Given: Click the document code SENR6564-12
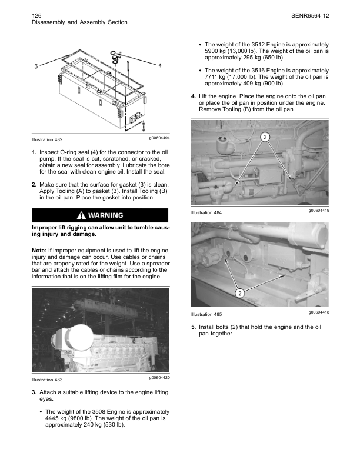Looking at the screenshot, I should [309, 14].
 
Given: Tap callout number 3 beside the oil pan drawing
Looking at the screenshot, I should [36, 65].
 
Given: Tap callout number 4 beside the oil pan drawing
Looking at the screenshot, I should [161, 65].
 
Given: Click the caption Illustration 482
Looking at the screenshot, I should [47, 140].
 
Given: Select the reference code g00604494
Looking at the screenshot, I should [155, 137].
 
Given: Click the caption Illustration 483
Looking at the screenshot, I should [47, 380].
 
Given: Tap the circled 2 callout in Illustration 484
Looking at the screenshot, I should [265, 137].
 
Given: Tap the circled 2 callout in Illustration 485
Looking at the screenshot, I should [240, 292].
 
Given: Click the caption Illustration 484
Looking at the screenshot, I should [206, 212].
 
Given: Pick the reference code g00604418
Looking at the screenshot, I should [315, 312].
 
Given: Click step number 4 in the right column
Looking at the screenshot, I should [194, 96].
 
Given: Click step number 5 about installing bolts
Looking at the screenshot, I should [194, 327].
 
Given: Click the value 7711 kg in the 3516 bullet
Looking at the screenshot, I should [213, 77].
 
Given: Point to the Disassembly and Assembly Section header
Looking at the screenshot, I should [78, 22].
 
